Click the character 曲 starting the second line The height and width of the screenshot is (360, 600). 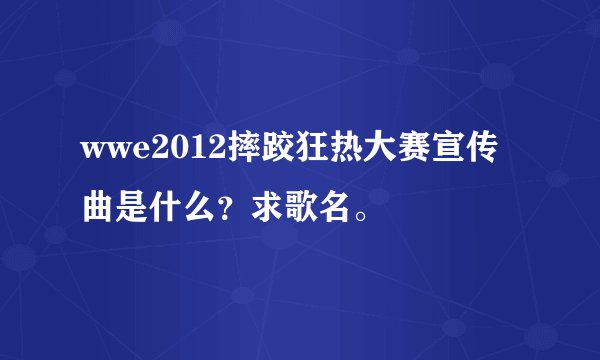[99, 207]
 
